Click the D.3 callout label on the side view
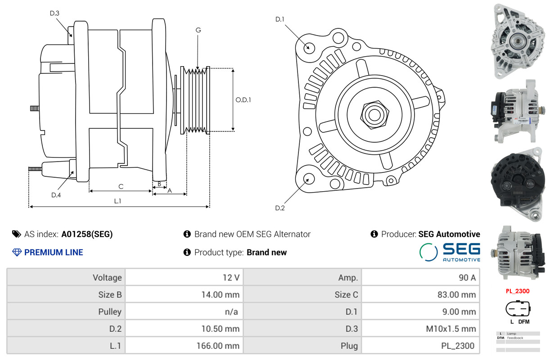54,13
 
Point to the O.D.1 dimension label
243,100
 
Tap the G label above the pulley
198,30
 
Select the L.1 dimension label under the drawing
117,201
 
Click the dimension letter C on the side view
121,186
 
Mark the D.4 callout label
56,195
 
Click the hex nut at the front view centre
373,114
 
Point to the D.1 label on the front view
280,19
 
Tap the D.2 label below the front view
280,208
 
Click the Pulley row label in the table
110,312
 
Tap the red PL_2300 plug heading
517,291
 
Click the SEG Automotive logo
450,252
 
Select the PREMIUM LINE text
53,252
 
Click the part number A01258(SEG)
87,234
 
